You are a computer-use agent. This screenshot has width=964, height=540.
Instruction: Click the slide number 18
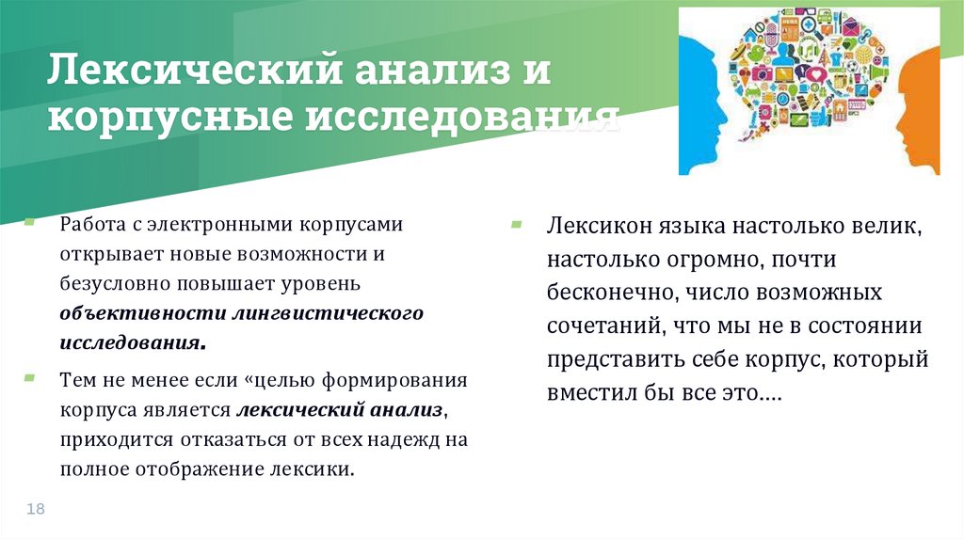click(x=37, y=509)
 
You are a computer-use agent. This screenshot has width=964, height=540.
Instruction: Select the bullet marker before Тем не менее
click(x=30, y=377)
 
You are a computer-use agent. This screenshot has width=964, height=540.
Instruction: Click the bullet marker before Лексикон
click(x=516, y=225)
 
